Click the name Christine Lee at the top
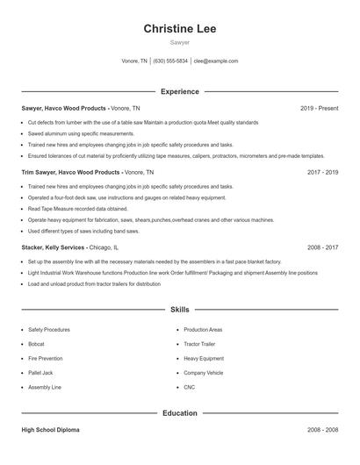(x=179, y=28)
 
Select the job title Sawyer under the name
(x=179, y=43)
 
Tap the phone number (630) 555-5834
(x=170, y=61)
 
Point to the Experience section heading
(x=179, y=91)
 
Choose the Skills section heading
(x=179, y=310)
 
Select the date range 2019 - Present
(x=319, y=108)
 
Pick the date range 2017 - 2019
(x=322, y=173)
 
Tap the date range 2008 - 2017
(x=322, y=248)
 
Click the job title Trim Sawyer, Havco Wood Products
(x=71, y=173)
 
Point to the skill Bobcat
(x=36, y=344)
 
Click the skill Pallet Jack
(x=40, y=372)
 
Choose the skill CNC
(x=189, y=386)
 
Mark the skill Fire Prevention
(x=45, y=358)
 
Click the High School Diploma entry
(x=50, y=431)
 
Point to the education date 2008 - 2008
(x=322, y=431)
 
